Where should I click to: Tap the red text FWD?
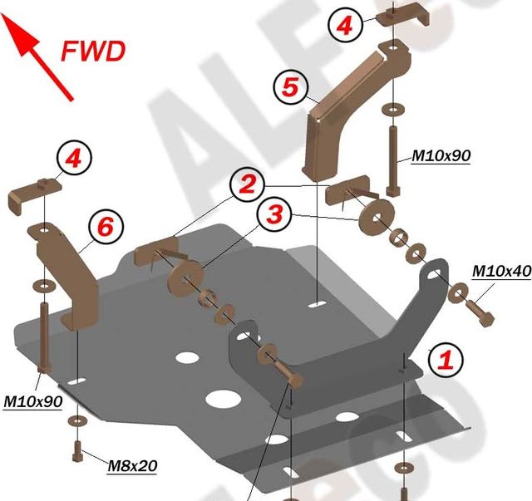[x=93, y=52]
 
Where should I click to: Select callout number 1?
[x=445, y=360]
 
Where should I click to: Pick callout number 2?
[x=246, y=184]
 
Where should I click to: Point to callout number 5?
[x=289, y=87]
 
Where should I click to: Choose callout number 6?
[x=105, y=226]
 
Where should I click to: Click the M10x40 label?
[x=500, y=271]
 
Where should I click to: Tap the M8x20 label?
[x=132, y=465]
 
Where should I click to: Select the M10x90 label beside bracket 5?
[x=441, y=155]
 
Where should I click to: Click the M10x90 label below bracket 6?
[x=33, y=401]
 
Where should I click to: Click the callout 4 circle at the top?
[x=344, y=26]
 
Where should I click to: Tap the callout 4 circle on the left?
[x=73, y=159]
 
